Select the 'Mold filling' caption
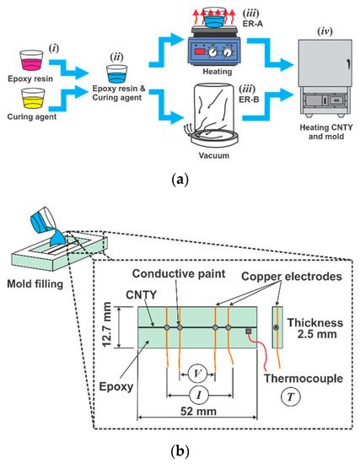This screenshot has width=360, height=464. point(36,284)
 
